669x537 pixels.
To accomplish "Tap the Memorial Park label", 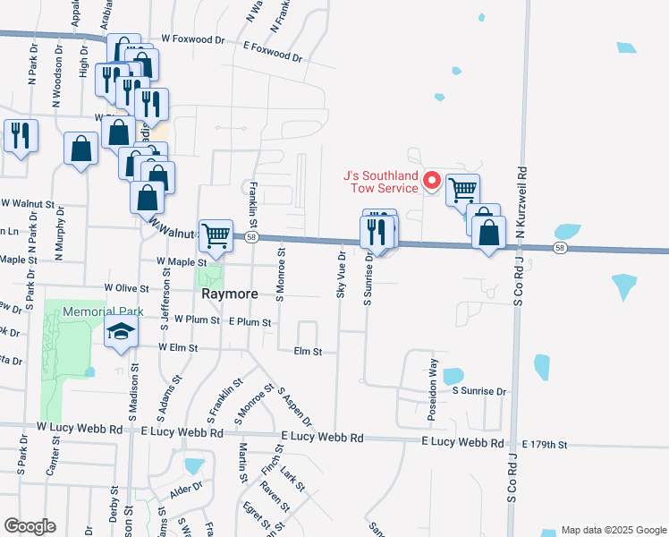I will pos(91,311).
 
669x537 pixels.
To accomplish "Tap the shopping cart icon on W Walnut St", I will pos(216,235).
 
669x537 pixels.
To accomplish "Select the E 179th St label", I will pos(544,444).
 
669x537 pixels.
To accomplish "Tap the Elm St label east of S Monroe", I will pos(308,352).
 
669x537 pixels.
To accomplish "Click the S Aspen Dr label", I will pos(294,406).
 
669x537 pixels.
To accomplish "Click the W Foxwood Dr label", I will pos(193,40).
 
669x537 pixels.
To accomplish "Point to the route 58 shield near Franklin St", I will pos(252,237).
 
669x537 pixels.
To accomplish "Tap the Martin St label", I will pos(242,463).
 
